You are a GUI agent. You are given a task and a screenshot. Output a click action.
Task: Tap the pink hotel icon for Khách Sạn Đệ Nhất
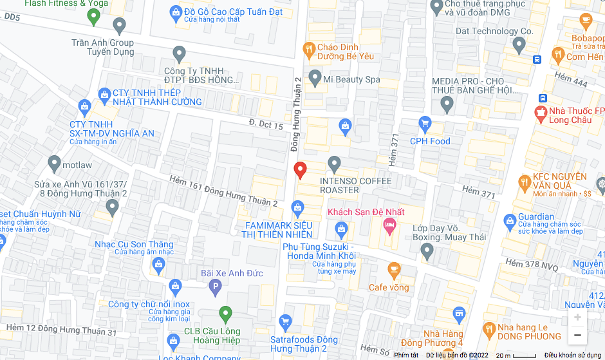(x=389, y=224)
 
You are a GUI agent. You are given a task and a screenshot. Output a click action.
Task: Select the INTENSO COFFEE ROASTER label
(x=355, y=185)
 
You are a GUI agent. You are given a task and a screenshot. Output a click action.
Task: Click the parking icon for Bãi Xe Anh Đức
(x=216, y=286)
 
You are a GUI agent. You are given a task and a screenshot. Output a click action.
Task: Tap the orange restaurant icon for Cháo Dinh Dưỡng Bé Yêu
(x=309, y=48)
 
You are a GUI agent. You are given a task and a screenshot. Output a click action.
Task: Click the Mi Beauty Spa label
(x=351, y=79)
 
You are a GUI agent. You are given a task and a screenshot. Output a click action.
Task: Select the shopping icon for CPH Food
(x=424, y=122)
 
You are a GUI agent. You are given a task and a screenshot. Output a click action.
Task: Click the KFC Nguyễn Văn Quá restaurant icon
(x=525, y=182)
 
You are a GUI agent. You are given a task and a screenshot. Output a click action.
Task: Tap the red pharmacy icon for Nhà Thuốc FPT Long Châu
(x=541, y=115)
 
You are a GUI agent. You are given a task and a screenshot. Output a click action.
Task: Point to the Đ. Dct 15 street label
(x=266, y=125)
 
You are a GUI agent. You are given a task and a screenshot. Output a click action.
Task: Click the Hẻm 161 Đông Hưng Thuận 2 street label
(x=223, y=192)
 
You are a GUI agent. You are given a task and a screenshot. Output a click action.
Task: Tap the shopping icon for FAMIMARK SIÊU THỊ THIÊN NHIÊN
(x=297, y=207)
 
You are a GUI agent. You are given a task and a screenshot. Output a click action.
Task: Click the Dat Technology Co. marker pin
(x=519, y=44)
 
